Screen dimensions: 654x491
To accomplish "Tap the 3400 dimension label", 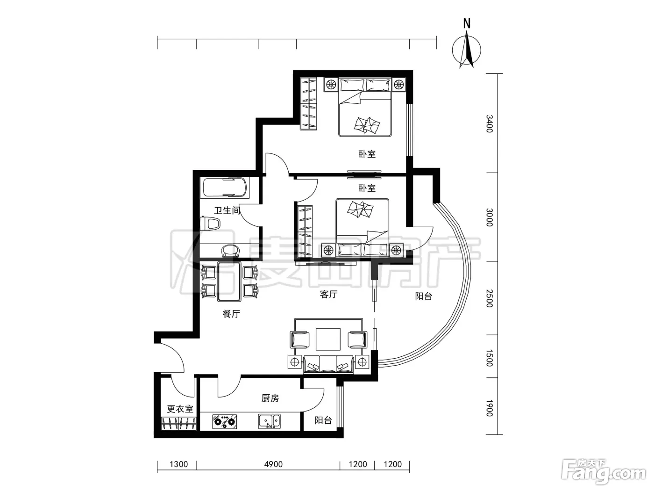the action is pos(489,124).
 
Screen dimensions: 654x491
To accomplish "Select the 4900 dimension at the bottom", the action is pos(273,464).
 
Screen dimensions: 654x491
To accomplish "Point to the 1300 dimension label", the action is pos(179,464).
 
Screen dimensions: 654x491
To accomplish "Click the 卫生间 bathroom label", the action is pos(227,211).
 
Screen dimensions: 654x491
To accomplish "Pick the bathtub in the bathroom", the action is pos(225,188).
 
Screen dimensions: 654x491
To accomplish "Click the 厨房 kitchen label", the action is pos(270,398).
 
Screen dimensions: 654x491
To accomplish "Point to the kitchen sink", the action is pos(269,421).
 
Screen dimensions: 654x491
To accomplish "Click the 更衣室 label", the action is pos(180,409).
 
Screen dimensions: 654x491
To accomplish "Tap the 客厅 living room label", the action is pos(329,295).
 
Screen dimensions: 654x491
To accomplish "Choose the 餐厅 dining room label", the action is pos(231,314).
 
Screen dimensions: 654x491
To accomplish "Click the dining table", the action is pos(229,282).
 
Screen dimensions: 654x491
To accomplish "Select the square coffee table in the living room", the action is pos(328,339).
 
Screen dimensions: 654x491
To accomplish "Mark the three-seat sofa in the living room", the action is pos(328,364).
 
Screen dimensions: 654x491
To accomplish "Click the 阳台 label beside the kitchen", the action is pos(323,420).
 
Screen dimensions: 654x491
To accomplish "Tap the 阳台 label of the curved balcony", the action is pos(424,296).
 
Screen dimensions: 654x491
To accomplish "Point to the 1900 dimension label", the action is pos(489,408).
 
